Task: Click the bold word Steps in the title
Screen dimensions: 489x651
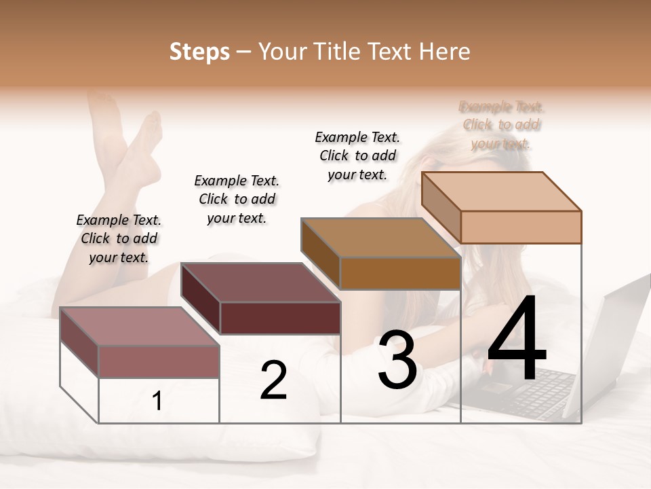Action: click(199, 52)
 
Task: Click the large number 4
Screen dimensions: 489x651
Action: click(517, 341)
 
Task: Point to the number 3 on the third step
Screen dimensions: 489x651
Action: click(397, 360)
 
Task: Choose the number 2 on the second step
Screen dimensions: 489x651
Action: click(273, 380)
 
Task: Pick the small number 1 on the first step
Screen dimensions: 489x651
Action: click(157, 401)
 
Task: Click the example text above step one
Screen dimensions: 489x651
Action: click(119, 238)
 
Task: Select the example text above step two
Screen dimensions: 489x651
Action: click(237, 199)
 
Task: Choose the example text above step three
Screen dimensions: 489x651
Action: click(357, 156)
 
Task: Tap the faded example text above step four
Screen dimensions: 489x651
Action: click(501, 125)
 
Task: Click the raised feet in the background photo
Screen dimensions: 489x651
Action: click(136, 136)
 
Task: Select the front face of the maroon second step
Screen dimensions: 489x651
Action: click(280, 318)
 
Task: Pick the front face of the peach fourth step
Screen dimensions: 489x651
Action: click(521, 227)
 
